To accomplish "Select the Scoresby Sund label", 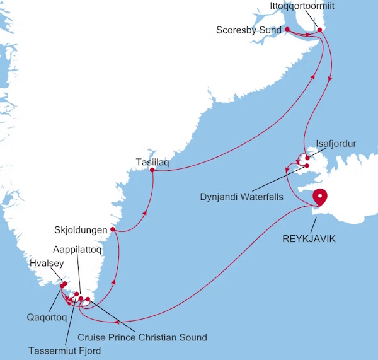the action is [248, 30].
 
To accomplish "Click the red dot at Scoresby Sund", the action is [287, 29].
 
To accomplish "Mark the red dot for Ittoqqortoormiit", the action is [319, 30].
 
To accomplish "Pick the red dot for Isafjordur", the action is [306, 157].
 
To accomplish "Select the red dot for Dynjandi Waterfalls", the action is [307, 166].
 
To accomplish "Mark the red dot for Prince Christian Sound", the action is [88, 299].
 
